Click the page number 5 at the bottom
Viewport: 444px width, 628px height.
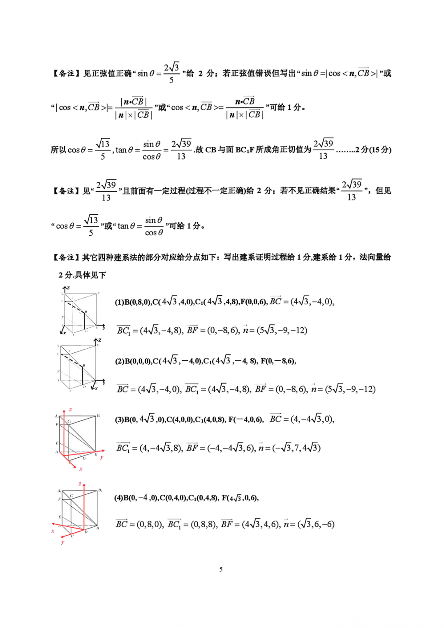click(x=221, y=569)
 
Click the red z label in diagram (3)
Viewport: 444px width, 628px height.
click(x=71, y=410)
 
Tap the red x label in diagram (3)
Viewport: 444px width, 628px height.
click(x=81, y=469)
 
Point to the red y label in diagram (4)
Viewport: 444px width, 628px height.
click(x=62, y=542)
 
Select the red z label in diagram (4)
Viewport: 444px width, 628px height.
click(x=80, y=484)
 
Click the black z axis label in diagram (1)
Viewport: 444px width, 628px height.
click(x=68, y=288)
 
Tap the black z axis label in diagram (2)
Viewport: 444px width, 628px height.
click(x=99, y=340)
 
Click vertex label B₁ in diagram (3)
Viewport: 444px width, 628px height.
click(x=99, y=416)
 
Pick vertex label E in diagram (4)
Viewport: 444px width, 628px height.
click(x=60, y=517)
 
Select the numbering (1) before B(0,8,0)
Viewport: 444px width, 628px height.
click(x=119, y=302)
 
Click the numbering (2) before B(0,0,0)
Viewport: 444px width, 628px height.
click(x=120, y=361)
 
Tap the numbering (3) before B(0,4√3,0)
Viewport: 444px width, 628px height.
click(x=119, y=419)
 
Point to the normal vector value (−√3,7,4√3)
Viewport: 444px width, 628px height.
click(x=296, y=447)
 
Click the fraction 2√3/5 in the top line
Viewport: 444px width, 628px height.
click(x=171, y=73)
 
